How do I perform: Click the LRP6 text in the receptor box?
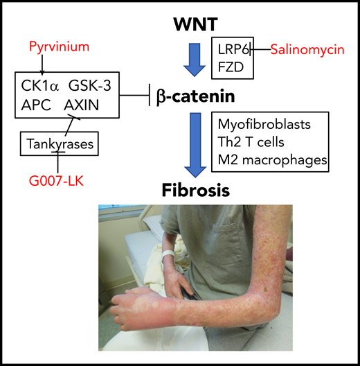231,49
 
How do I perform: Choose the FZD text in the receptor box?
228,68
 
